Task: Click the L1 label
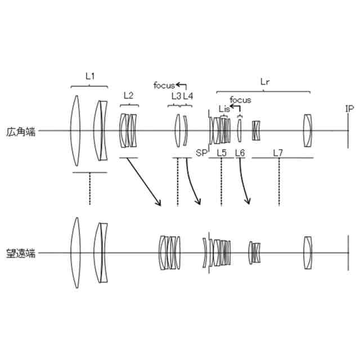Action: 89,76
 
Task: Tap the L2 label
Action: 128,96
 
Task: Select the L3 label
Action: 175,96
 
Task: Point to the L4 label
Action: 188,96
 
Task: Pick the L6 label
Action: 240,152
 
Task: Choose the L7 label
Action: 278,152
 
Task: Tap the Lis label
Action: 224,109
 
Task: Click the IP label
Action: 349,109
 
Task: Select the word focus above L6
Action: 240,100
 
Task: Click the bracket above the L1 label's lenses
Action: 89,85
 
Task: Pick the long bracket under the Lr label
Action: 262,91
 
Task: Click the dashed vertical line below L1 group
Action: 89,188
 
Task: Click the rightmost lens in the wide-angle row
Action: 307,131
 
